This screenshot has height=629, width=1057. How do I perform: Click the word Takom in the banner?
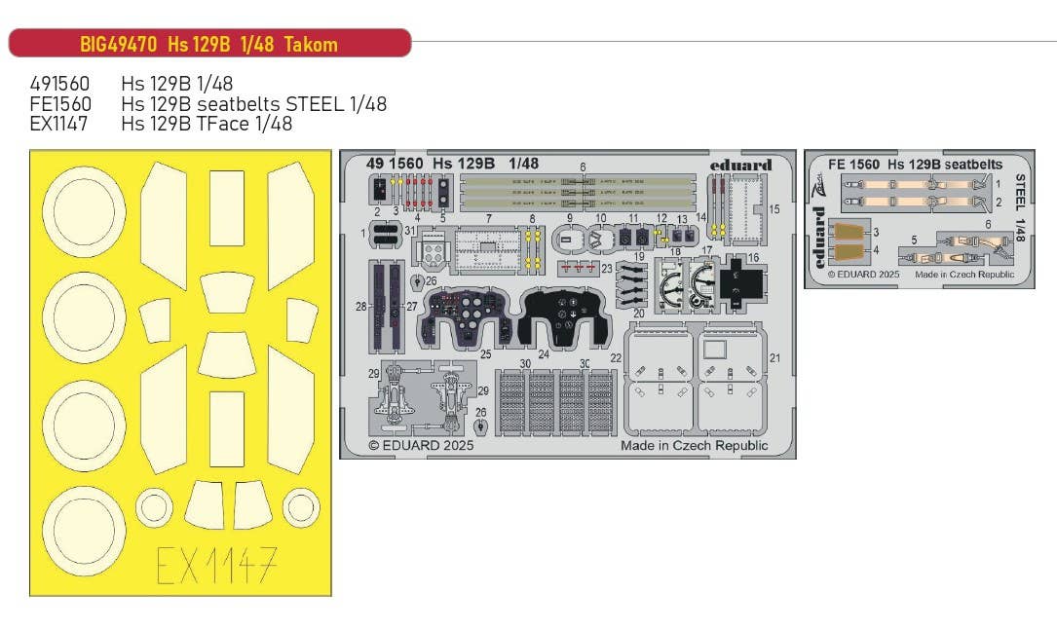tap(312, 45)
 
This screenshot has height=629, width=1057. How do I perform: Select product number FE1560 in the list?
tap(60, 104)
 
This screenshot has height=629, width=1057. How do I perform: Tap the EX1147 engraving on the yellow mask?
tap(217, 565)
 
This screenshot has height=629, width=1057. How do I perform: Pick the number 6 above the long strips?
tap(583, 168)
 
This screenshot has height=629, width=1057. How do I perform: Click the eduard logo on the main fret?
tap(740, 165)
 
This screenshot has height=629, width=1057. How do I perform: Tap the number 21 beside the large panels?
tap(775, 358)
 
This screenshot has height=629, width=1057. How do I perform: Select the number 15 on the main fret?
tap(774, 209)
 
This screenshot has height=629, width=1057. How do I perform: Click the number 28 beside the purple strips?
tap(360, 307)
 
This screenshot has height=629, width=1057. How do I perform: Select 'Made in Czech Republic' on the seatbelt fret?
tap(963, 275)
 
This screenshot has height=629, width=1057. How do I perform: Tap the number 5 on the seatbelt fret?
tap(913, 239)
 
